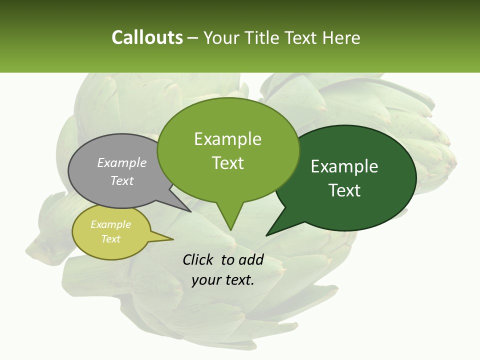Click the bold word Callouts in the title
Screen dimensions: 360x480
147,38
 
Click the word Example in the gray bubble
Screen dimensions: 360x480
122,162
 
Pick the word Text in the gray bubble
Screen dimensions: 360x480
122,180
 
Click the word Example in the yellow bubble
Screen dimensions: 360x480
110,224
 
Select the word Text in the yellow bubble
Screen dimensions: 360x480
110,239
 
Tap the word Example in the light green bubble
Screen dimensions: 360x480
227,139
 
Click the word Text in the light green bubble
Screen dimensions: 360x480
227,163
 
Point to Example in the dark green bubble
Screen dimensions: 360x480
344,166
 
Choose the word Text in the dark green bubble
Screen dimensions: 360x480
344,190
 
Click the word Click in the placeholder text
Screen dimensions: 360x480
197,259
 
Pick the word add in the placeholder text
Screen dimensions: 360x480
250,259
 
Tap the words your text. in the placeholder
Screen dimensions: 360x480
223,280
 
